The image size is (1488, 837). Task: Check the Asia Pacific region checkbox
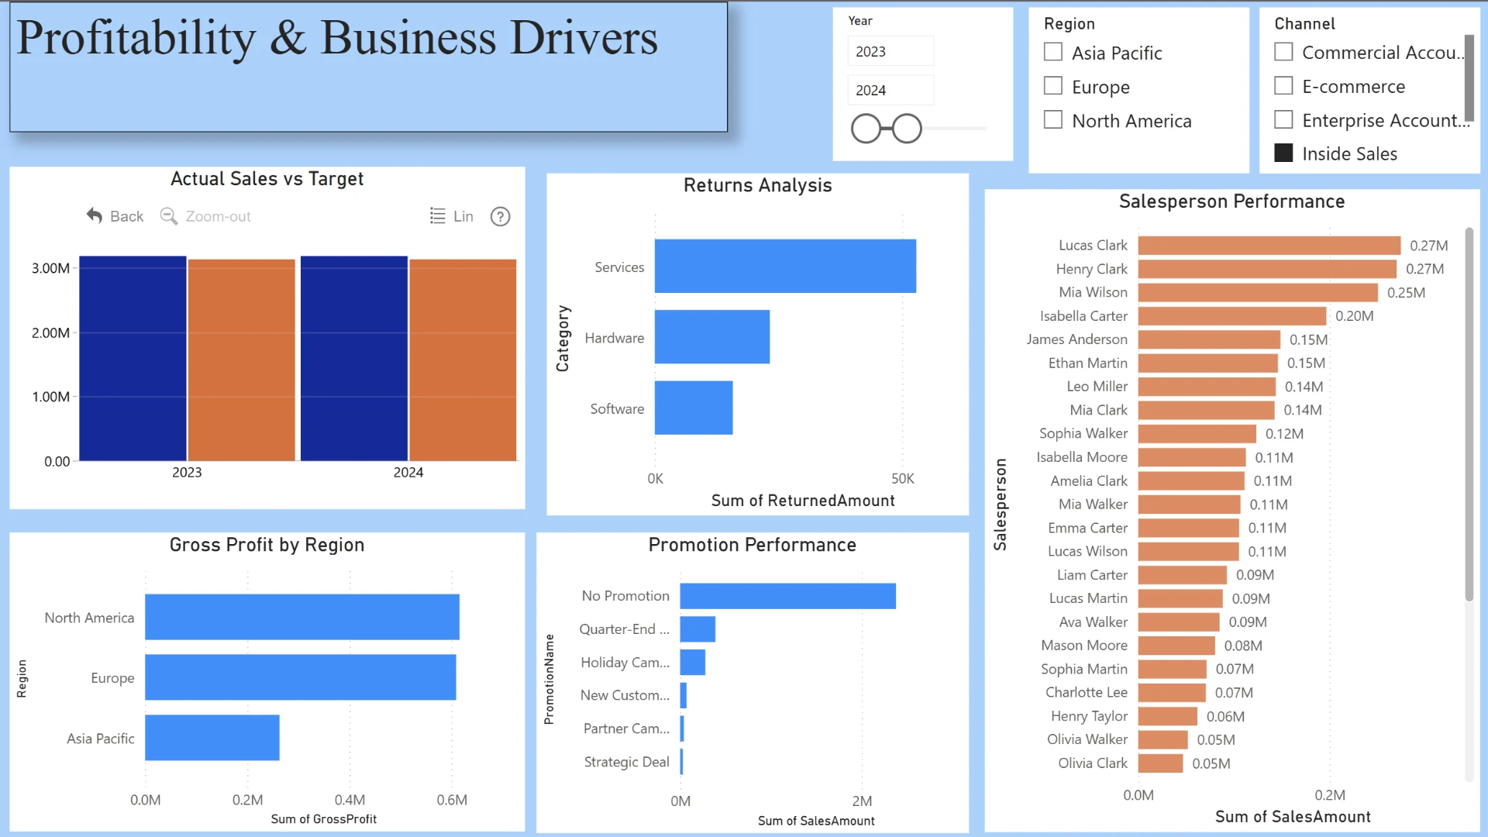coord(1052,52)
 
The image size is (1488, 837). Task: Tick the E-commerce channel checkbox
coord(1283,85)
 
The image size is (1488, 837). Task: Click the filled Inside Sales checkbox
coord(1283,153)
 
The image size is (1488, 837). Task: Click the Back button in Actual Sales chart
coord(115,216)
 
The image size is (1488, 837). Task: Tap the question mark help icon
coord(501,216)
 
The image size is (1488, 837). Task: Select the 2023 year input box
coord(890,51)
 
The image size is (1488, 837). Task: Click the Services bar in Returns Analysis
coord(785,266)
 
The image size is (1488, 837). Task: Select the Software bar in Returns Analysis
coord(694,408)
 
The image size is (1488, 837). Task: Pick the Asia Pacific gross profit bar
coord(212,738)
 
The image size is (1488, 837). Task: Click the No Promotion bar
coord(788,596)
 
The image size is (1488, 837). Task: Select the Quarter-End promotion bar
coord(697,629)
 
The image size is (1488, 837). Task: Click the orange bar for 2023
coord(242,360)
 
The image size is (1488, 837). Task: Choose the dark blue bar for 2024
coord(354,359)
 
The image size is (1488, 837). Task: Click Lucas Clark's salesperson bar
coord(1269,246)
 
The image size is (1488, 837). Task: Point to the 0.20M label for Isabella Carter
coord(1355,316)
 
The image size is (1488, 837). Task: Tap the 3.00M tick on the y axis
coord(51,268)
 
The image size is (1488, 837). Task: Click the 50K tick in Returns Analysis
coord(903,479)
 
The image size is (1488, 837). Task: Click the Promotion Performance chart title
coord(753,545)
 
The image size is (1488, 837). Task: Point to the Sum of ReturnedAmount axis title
coord(803,501)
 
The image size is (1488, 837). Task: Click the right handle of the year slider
coord(907,129)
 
